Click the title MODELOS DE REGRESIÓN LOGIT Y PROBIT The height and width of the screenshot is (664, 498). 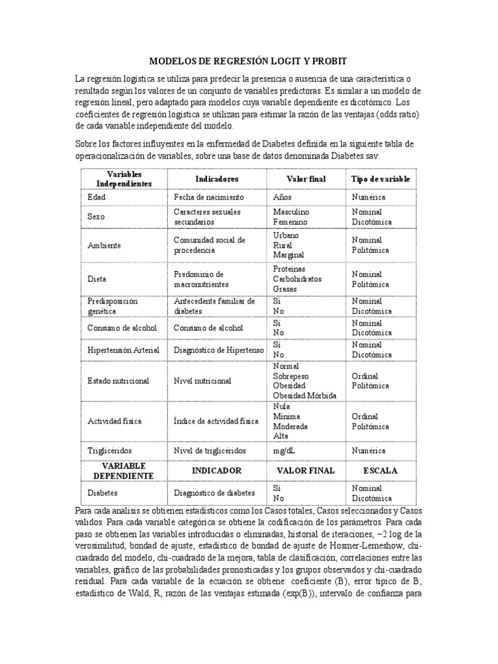[x=248, y=61]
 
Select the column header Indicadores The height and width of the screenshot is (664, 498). [x=217, y=178]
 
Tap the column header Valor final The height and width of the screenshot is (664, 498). [x=306, y=178]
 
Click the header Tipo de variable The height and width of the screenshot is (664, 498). [x=381, y=178]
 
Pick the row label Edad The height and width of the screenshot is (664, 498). [x=95, y=196]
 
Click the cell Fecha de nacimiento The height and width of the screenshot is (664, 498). [x=208, y=196]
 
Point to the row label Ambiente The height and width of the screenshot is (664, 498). [x=104, y=245]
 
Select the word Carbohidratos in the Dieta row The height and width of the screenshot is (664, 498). [x=298, y=279]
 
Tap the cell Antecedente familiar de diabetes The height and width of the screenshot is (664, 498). [x=214, y=305]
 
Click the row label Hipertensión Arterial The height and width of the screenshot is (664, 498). [x=123, y=350]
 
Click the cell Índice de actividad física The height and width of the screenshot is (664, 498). [x=216, y=421]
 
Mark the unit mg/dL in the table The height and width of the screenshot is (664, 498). [x=285, y=448]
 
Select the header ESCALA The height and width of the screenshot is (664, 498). [x=381, y=470]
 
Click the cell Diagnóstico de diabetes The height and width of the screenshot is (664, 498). [x=215, y=492]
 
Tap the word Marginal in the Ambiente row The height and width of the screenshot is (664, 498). [x=289, y=255]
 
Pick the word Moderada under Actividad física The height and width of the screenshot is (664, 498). [x=290, y=427]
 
